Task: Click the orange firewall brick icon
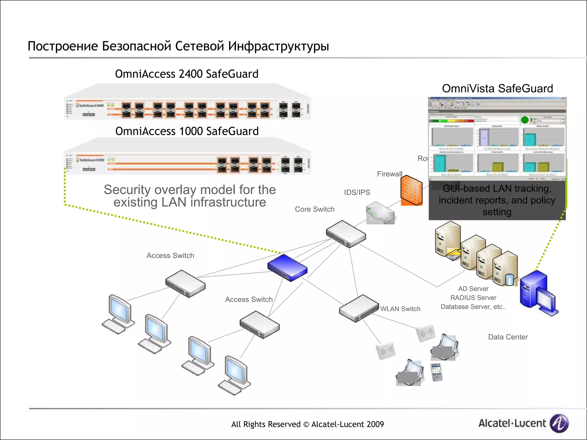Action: pyautogui.click(x=411, y=190)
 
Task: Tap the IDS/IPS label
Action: pyautogui.click(x=357, y=192)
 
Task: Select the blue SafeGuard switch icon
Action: pyautogui.click(x=287, y=268)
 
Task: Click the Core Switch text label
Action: pyautogui.click(x=314, y=209)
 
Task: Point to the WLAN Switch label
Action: pyautogui.click(x=400, y=309)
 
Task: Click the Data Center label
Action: pyautogui.click(x=508, y=337)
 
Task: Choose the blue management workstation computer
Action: pyautogui.click(x=538, y=294)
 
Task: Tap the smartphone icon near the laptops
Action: pyautogui.click(x=437, y=372)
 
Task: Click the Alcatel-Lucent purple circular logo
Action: pyautogui.click(x=559, y=423)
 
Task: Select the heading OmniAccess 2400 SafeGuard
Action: pyautogui.click(x=187, y=74)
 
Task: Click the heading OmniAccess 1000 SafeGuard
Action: pyautogui.click(x=187, y=131)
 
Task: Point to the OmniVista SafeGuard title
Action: pyautogui.click(x=497, y=89)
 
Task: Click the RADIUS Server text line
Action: pyautogui.click(x=473, y=298)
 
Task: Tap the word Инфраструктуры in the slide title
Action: pyautogui.click(x=278, y=46)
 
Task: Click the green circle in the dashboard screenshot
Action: pyautogui.click(x=525, y=120)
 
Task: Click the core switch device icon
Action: pyautogui.click(x=346, y=234)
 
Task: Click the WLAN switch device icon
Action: pyautogui.click(x=359, y=308)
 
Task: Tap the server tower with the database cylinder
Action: pyautogui.click(x=506, y=269)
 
